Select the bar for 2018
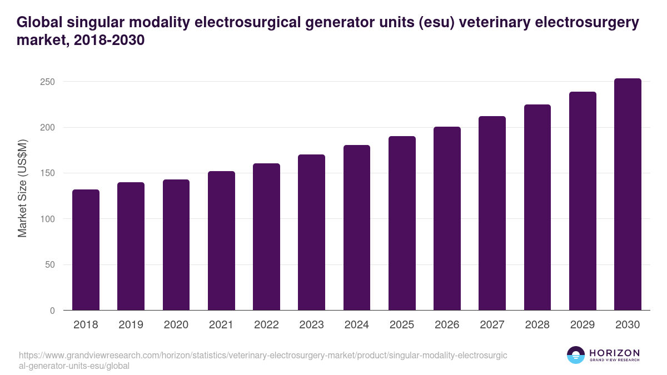point(86,250)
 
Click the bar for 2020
point(176,245)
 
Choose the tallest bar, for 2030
point(628,194)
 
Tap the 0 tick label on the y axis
point(52,311)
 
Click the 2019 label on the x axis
point(131,325)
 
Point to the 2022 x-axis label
point(266,325)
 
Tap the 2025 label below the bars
point(402,325)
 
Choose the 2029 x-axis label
point(583,325)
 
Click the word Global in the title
point(39,22)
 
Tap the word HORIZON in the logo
point(614,353)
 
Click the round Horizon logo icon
point(576,355)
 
